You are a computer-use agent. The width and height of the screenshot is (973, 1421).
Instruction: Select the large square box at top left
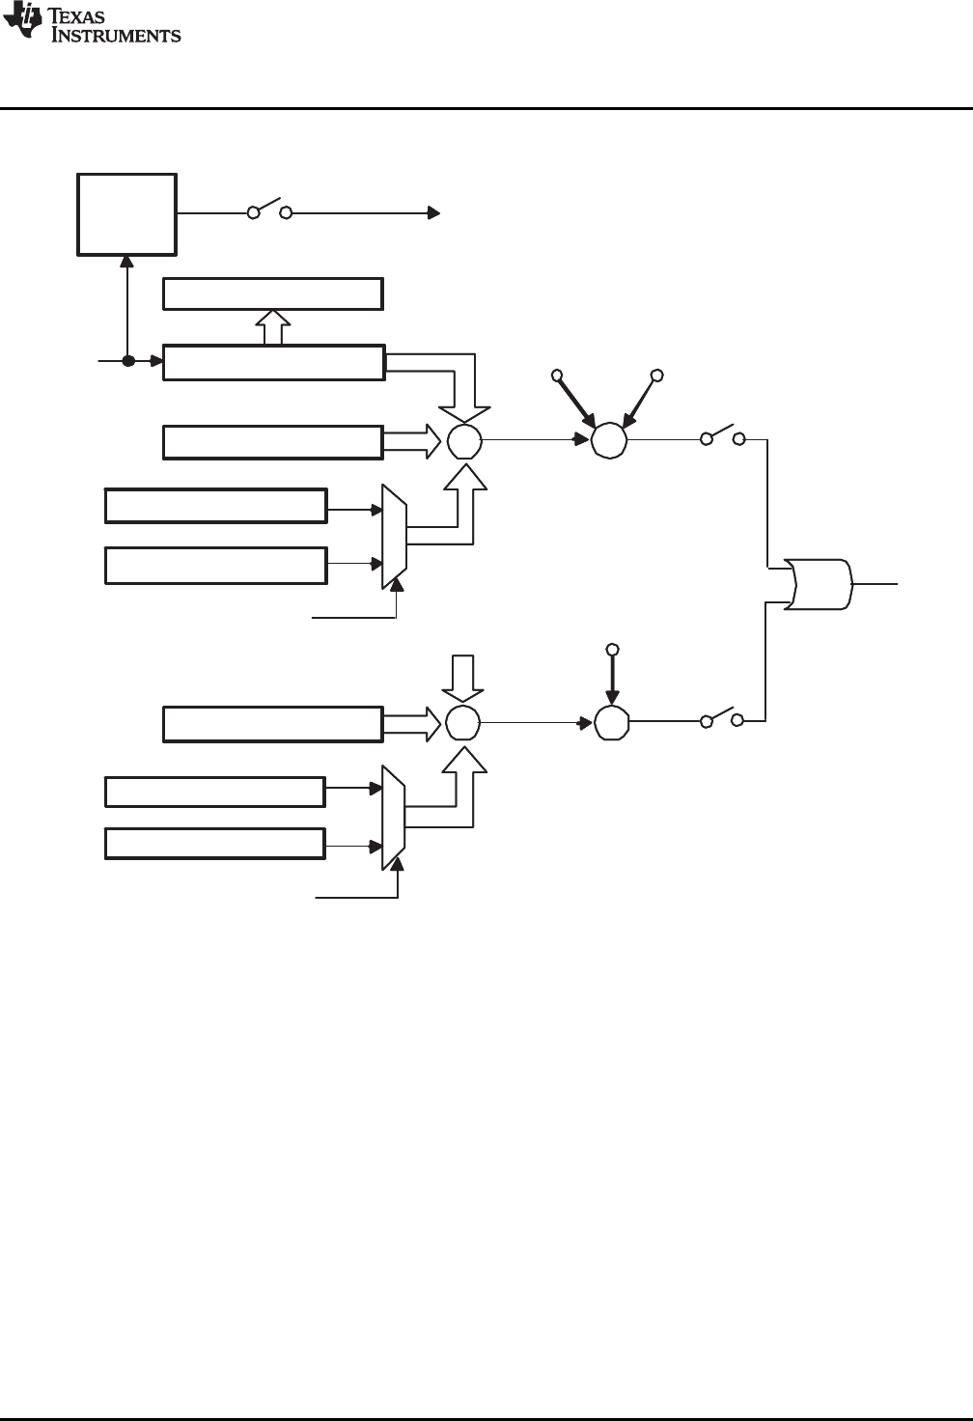pos(127,214)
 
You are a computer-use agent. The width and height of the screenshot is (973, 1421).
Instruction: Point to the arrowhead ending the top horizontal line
pos(435,213)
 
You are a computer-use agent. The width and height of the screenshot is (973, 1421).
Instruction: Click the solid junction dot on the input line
pos(127,361)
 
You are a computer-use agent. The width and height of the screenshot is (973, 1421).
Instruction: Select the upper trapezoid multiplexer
pos(395,537)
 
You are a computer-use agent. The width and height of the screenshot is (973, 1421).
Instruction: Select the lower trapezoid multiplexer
pos(393,818)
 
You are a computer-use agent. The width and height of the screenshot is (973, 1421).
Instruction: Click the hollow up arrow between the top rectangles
pos(274,327)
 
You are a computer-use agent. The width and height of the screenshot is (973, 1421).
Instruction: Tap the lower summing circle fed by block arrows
pos(463,721)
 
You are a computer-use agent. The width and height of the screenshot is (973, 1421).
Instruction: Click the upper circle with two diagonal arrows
pos(609,440)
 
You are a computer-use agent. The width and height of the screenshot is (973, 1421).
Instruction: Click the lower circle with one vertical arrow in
pos(610,721)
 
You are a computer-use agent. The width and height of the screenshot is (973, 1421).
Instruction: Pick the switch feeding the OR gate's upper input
pos(723,436)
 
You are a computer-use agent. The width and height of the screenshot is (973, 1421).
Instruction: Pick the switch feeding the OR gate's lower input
pos(723,717)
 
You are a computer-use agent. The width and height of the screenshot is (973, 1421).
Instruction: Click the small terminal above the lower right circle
pos(610,648)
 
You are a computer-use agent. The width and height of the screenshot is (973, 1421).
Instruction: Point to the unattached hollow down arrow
pos(463,677)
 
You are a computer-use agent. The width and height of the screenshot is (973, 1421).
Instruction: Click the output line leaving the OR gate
pos(876,584)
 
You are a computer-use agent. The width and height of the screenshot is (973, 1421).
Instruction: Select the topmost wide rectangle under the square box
pos(273,293)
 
